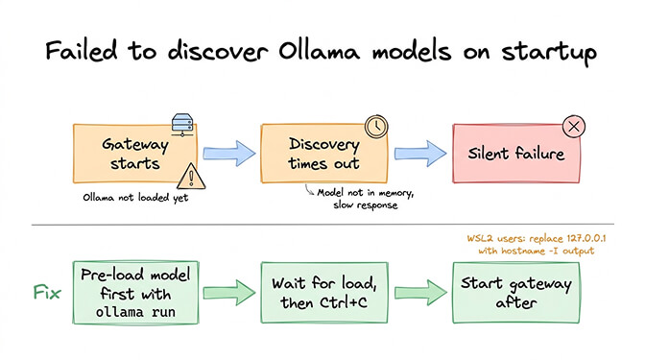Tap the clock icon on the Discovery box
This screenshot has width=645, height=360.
point(375,127)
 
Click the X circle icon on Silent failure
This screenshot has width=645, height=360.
point(574,127)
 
